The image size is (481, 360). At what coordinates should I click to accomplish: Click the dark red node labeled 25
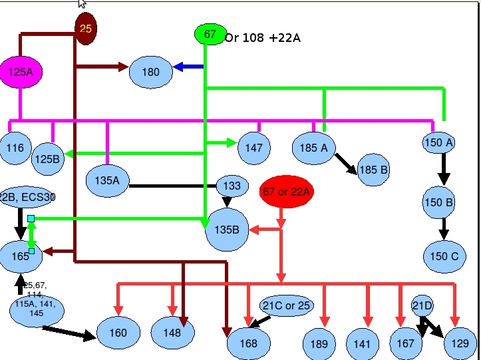tap(86, 29)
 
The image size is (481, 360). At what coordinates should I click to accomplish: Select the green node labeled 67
tap(210, 34)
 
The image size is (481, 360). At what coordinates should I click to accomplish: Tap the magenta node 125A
tap(20, 71)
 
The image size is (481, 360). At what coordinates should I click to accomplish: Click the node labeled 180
tap(151, 72)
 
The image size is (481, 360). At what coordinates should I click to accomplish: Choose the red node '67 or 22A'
tap(286, 192)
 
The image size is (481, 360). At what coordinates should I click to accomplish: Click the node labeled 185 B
tap(373, 170)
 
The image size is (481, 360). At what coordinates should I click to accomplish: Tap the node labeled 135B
tap(227, 230)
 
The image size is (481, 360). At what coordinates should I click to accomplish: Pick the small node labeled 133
tap(232, 186)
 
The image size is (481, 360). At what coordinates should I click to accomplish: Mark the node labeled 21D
tap(422, 306)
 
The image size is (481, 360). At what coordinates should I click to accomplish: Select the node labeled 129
tap(460, 344)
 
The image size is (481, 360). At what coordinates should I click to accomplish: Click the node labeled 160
tap(118, 333)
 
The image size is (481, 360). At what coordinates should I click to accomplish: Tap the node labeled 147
tap(254, 148)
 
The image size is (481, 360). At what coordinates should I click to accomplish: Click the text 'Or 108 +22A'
tap(263, 38)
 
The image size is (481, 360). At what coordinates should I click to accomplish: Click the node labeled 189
tap(319, 344)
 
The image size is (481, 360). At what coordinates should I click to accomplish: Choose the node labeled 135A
tap(107, 180)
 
